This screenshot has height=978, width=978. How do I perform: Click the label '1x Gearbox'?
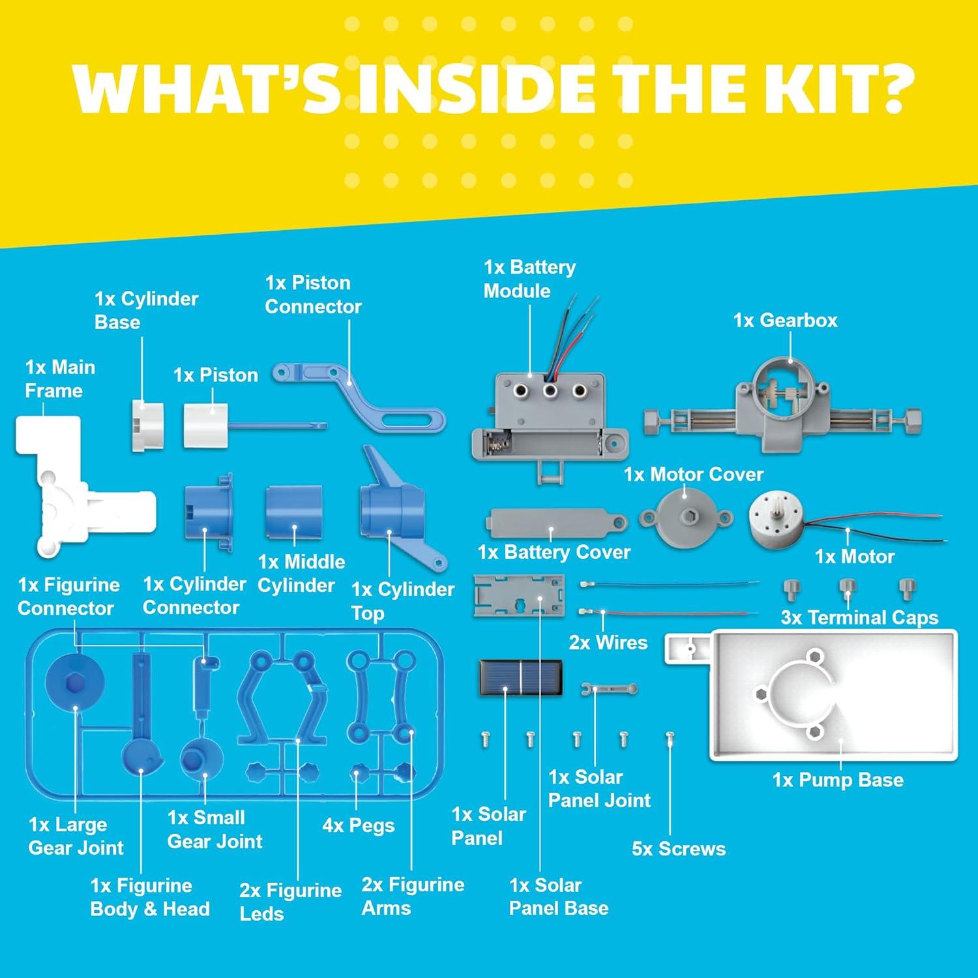pos(785,320)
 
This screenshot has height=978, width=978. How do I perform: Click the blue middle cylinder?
pos(293,511)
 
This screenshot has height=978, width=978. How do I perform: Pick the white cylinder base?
pos(147,425)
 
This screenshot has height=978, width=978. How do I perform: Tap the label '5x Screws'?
pos(678,849)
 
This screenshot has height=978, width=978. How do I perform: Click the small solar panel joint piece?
pos(608,689)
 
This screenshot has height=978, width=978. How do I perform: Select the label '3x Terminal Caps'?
pos(859,617)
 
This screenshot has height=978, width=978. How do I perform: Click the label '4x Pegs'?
pos(359,825)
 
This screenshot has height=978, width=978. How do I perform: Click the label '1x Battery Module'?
pos(529,279)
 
